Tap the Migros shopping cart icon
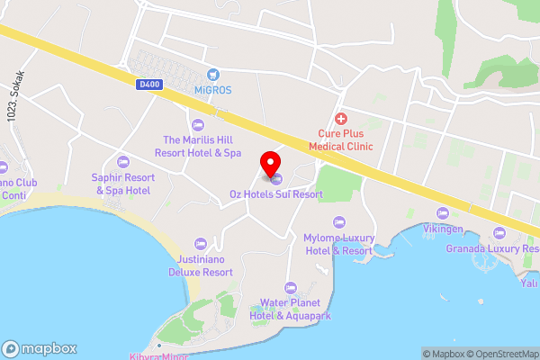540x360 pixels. click(213, 75)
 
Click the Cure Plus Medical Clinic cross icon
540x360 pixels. click(340, 119)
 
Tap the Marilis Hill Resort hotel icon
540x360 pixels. click(198, 123)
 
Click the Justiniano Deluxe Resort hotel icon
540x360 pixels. click(200, 243)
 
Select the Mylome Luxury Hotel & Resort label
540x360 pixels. click(337, 244)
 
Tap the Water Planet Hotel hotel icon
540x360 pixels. click(290, 287)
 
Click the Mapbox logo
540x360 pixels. click(40, 348)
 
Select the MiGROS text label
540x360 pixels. click(213, 90)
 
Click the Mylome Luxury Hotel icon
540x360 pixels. click(338, 221)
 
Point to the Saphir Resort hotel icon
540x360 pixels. click(122, 162)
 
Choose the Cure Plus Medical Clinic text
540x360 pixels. click(340, 139)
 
